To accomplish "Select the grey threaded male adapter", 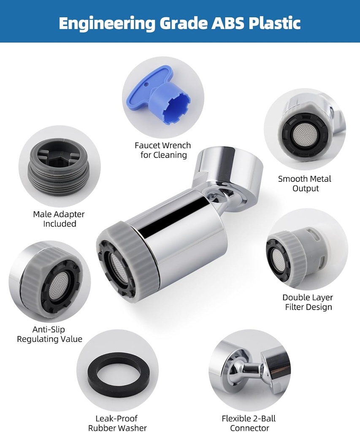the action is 58,166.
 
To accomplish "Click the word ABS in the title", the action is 227,23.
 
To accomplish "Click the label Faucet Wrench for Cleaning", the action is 162,150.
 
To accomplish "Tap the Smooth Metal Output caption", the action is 305,184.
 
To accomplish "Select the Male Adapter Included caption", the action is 59,219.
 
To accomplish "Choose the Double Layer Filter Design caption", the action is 308,302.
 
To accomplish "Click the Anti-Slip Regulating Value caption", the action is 50,334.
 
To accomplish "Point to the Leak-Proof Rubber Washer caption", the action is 117,423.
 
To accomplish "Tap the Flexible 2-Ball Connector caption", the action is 249,423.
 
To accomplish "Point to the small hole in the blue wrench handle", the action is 146,82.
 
